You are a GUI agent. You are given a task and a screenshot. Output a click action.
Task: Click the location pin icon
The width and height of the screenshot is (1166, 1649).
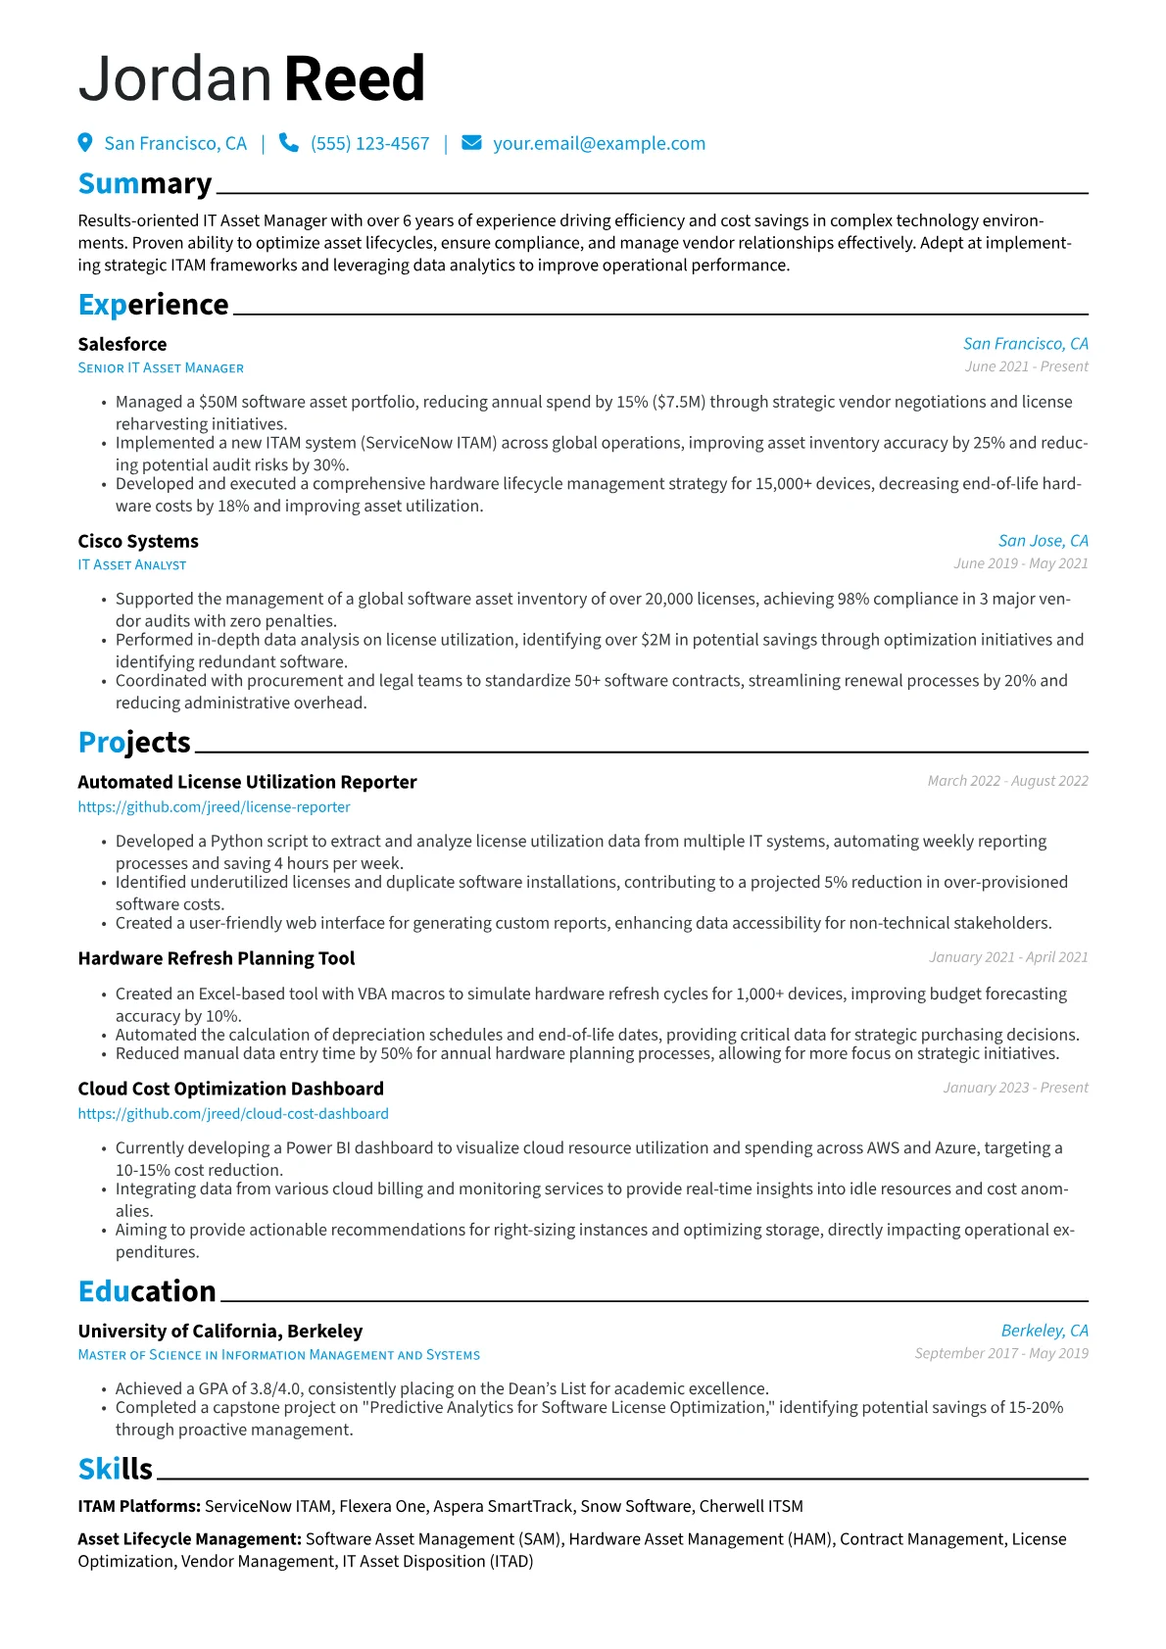[85, 143]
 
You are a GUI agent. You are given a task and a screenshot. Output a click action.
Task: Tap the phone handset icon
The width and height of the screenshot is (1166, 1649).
[289, 143]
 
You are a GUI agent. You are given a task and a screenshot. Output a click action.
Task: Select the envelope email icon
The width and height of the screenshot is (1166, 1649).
[471, 143]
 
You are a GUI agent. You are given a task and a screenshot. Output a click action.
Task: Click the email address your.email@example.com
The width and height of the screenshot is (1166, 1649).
[599, 143]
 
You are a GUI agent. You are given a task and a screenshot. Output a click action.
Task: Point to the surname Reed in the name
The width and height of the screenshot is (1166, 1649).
[355, 79]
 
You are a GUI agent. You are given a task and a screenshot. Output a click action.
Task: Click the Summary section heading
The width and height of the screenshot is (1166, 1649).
[145, 184]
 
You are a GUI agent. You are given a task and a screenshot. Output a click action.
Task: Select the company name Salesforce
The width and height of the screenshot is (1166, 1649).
[122, 344]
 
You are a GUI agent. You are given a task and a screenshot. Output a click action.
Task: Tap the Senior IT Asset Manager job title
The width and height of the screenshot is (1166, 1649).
[161, 368]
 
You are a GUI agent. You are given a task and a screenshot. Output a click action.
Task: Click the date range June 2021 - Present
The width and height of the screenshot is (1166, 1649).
[1026, 366]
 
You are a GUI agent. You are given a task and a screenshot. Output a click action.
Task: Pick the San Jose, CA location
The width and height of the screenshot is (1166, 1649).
[1043, 541]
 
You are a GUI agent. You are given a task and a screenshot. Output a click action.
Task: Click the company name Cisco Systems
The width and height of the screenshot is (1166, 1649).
[138, 541]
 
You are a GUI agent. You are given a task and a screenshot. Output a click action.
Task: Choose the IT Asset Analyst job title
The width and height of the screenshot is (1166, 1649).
[132, 565]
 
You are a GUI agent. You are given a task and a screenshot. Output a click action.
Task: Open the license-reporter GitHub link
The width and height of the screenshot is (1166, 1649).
[214, 807]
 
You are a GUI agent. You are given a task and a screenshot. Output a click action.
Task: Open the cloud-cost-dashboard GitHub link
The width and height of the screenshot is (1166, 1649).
[233, 1114]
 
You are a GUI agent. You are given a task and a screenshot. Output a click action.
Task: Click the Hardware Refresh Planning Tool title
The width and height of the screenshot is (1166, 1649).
[217, 958]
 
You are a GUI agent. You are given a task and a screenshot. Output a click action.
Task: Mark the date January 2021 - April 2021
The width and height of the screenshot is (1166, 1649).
[1008, 957]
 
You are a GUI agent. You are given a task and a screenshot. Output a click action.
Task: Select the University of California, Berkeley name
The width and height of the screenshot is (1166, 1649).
[220, 1331]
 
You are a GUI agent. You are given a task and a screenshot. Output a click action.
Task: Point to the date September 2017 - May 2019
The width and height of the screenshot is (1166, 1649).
[1001, 1353]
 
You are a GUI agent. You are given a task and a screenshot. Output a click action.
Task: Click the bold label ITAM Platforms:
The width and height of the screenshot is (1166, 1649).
[139, 1506]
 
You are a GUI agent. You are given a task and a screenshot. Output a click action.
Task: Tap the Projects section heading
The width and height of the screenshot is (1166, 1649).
[134, 743]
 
